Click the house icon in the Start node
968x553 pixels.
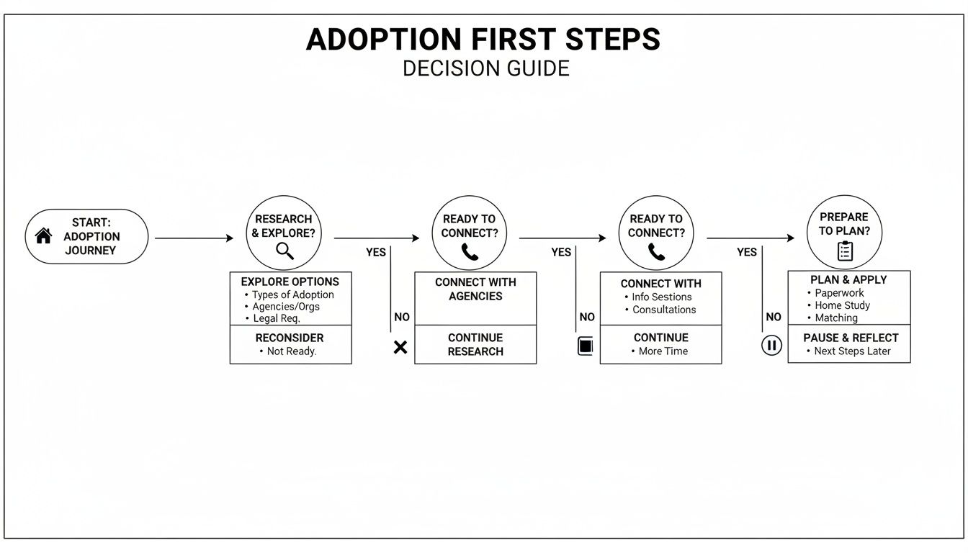[44, 235]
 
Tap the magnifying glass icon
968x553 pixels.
[285, 251]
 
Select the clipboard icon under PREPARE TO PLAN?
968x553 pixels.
[845, 251]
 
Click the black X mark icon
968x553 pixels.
[400, 347]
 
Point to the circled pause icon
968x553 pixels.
[771, 346]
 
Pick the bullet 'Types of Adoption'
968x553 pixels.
[292, 295]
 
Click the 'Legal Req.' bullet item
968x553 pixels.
[276, 318]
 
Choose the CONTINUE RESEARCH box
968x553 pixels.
[475, 344]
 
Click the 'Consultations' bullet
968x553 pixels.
[664, 310]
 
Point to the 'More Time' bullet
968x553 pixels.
[663, 351]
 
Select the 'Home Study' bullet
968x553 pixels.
[842, 305]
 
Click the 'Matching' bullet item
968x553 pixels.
[836, 318]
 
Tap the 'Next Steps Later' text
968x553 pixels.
[852, 351]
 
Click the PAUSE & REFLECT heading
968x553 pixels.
[851, 338]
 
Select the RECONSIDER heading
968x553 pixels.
[290, 338]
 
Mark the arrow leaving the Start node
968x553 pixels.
[194, 238]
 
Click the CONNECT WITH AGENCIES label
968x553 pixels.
[475, 289]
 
